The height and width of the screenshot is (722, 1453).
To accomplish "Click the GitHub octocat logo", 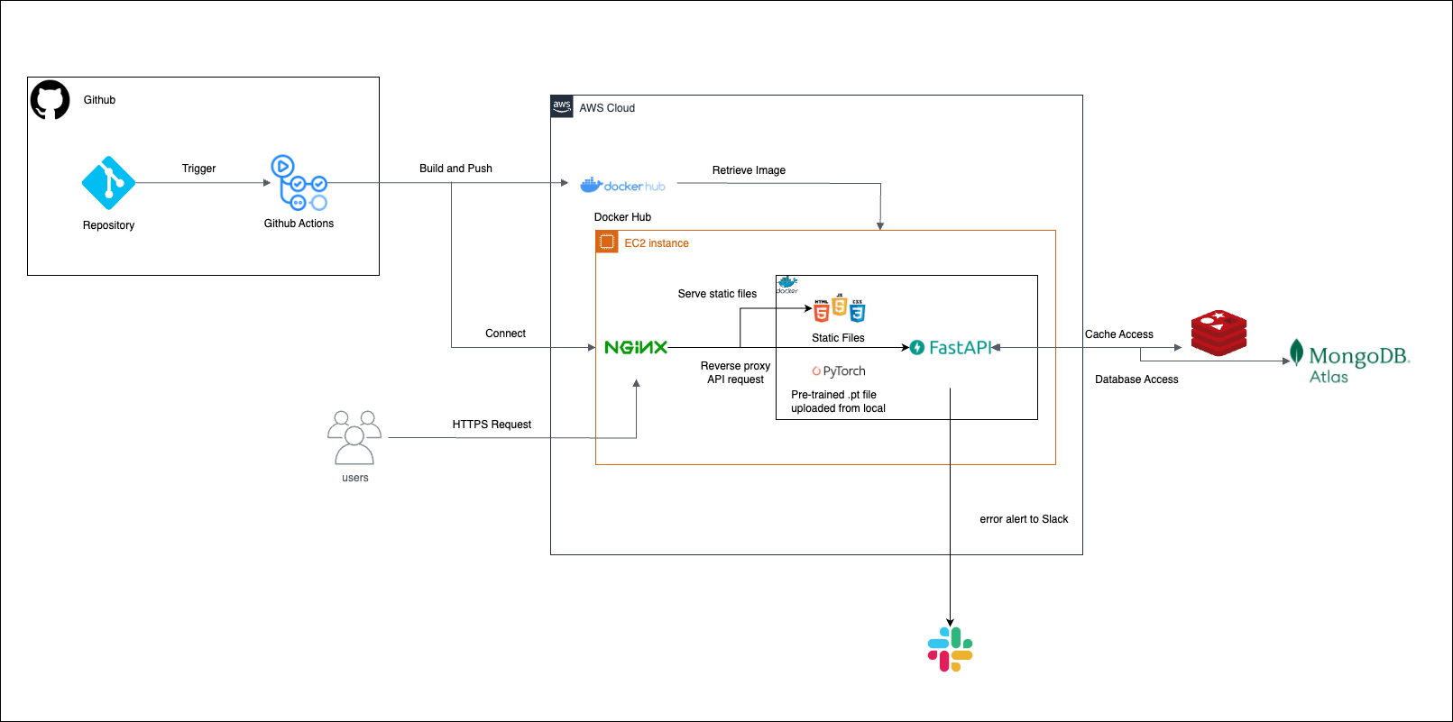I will click(51, 100).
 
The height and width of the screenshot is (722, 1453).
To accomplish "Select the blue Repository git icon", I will click(108, 183).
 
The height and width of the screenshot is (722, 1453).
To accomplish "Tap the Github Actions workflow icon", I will click(299, 183).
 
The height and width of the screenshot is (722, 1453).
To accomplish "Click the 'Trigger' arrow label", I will click(198, 169).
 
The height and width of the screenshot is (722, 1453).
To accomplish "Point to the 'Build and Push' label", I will click(455, 169).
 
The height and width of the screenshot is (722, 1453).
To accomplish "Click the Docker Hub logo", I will click(623, 186).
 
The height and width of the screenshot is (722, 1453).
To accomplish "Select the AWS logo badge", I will click(562, 106).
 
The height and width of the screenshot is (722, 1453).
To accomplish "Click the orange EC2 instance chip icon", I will click(607, 242).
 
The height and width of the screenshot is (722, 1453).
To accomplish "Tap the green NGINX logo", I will click(636, 347).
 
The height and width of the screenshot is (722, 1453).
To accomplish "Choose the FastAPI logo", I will click(951, 348).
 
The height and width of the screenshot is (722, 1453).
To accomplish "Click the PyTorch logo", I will click(839, 371).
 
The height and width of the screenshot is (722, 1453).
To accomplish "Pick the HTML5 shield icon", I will click(822, 312).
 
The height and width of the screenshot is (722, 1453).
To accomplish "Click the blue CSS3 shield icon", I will click(857, 312).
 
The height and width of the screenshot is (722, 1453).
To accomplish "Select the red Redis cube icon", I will click(1218, 334).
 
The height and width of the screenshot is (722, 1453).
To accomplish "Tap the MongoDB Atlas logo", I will click(1349, 361).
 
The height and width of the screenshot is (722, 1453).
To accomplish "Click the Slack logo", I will click(950, 649).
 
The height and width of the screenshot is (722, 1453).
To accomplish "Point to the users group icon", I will click(354, 437).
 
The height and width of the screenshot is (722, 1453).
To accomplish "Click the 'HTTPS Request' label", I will click(492, 425).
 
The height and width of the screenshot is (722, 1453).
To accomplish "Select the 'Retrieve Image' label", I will click(749, 170).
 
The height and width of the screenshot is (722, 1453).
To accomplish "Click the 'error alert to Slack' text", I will click(1024, 519).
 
